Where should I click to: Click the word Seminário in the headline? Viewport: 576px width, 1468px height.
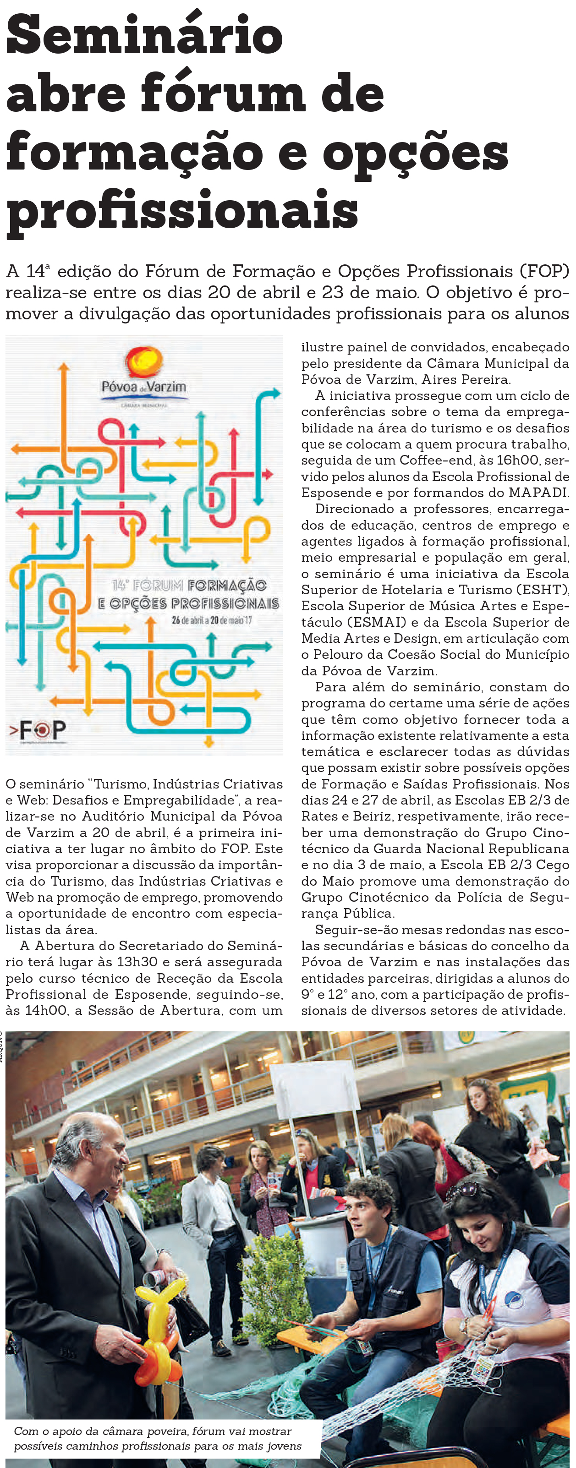point(144,35)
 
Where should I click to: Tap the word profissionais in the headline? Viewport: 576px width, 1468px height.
point(182,210)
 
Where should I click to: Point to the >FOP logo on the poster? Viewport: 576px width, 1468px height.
point(38,729)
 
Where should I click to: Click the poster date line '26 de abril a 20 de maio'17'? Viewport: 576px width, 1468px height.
point(211,620)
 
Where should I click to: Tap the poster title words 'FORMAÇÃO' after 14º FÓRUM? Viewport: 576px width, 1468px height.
point(227,586)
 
